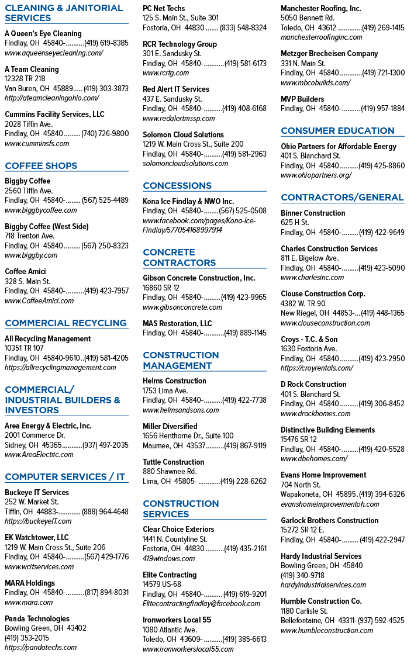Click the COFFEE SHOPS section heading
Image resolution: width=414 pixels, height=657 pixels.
[x=41, y=165]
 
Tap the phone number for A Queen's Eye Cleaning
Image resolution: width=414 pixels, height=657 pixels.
[x=106, y=43]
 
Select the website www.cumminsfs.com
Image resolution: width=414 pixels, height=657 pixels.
[x=37, y=144]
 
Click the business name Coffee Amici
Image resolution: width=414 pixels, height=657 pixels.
[x=25, y=272]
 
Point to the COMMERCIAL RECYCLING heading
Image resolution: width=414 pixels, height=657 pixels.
[x=66, y=323]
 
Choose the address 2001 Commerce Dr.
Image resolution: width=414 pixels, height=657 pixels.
[x=34, y=435]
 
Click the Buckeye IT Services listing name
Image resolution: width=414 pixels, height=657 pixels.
[x=37, y=492]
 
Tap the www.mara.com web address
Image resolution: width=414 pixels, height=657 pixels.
[x=29, y=603]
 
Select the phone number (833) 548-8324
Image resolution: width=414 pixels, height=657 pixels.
[x=243, y=27]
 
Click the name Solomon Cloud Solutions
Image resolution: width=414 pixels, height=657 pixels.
[x=184, y=134]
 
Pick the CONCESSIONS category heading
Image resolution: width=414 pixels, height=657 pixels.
[x=177, y=186]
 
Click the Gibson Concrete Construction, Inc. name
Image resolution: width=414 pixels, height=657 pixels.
[x=199, y=278]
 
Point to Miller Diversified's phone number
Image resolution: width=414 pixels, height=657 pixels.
[x=245, y=446]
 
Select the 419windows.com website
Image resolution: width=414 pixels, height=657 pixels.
[x=169, y=559]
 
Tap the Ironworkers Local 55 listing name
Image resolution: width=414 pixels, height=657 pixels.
[x=177, y=620]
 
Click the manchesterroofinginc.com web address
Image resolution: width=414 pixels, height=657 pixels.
[x=322, y=37]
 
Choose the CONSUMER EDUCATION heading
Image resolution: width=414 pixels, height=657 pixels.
[x=338, y=131]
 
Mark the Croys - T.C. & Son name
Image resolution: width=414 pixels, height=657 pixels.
[x=309, y=339]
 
